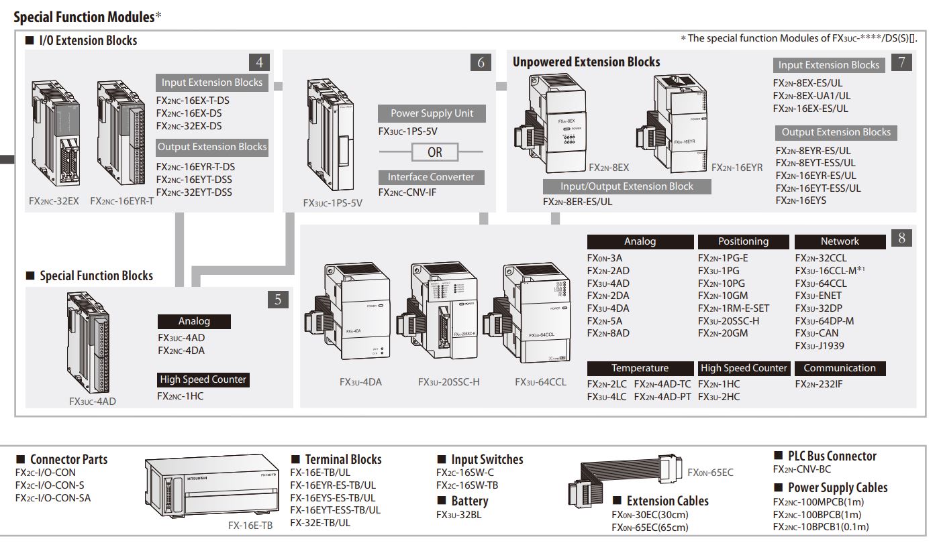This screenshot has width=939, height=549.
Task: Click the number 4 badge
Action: (259, 63)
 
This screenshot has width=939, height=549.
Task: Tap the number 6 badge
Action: (481, 63)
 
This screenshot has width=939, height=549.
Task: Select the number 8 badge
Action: (901, 237)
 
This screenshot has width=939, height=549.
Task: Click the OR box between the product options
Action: (435, 152)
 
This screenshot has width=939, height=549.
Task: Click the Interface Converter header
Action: (430, 177)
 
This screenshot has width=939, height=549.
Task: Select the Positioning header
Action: (743, 241)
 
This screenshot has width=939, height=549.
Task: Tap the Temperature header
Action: (640, 368)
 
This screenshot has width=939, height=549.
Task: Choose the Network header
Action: (839, 241)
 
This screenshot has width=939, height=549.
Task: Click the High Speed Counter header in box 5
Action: (203, 379)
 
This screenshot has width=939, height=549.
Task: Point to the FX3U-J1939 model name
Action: (820, 346)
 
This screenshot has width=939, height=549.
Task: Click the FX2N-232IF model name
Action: (818, 384)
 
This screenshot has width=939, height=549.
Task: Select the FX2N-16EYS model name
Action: (801, 200)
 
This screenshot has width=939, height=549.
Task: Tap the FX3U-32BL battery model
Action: (458, 515)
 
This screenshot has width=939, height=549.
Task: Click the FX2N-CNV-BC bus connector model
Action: (801, 469)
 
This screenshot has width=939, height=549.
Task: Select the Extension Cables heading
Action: (667, 501)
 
